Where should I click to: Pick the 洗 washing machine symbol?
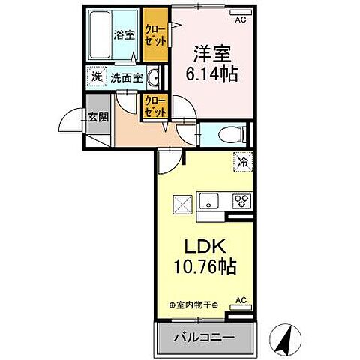(96, 76)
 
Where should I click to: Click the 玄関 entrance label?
(97, 118)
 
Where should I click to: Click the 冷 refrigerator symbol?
(243, 160)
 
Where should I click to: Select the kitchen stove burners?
(243, 201)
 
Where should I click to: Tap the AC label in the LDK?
(241, 300)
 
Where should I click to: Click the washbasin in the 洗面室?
(152, 76)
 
